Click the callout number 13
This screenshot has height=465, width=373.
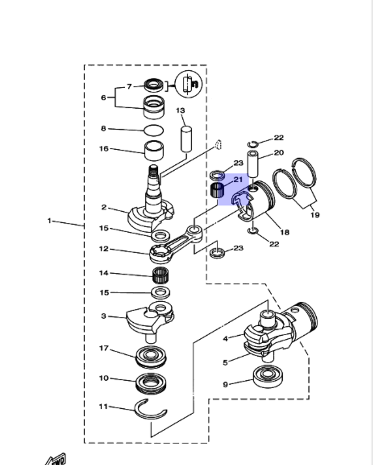pyautogui.click(x=180, y=110)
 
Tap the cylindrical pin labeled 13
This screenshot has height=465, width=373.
pyautogui.click(x=186, y=139)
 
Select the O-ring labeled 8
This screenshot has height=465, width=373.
pyautogui.click(x=154, y=130)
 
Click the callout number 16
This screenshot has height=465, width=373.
pyautogui.click(x=104, y=149)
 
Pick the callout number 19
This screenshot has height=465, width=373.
pyautogui.click(x=315, y=215)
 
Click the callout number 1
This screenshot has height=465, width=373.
pyautogui.click(x=49, y=221)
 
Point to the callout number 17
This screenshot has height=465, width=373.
pyautogui.click(x=104, y=348)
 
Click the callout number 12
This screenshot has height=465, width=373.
pyautogui.click(x=104, y=249)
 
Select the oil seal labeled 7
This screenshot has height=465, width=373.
pyautogui.click(x=154, y=85)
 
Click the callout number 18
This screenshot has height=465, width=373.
pyautogui.click(x=285, y=232)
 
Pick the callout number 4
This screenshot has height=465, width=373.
pyautogui.click(x=225, y=339)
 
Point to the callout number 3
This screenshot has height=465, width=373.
pyautogui.click(x=104, y=316)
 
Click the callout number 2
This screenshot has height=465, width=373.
pyautogui.click(x=104, y=208)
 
